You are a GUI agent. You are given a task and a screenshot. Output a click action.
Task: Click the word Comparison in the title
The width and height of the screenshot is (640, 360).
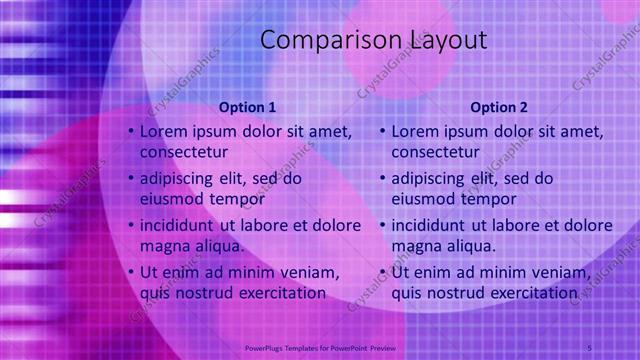[x=319, y=41]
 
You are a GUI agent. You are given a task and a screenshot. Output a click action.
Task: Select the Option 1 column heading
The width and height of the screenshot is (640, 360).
[x=247, y=107]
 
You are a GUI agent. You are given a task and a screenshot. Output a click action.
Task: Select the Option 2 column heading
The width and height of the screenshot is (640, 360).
[x=499, y=107]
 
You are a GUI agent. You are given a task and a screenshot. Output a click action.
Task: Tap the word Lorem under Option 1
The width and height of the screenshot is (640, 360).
[x=164, y=131]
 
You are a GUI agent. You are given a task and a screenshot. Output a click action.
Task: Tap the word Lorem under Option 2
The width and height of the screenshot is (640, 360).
[x=416, y=131]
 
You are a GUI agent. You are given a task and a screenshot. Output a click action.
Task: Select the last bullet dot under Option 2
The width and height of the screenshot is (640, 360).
[x=382, y=272]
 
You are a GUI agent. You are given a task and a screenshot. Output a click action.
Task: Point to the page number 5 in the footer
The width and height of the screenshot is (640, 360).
[x=590, y=346]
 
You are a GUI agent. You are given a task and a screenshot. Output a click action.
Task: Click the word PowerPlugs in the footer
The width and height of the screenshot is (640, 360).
[x=268, y=347]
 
